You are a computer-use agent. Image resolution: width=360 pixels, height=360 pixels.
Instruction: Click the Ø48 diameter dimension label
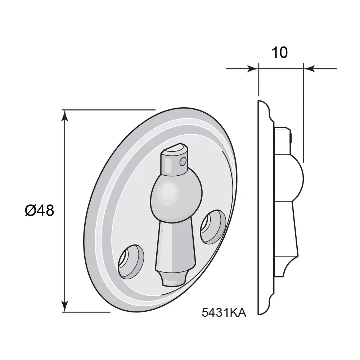click(x=40, y=210)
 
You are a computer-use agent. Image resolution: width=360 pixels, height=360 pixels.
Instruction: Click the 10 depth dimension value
click(x=279, y=53)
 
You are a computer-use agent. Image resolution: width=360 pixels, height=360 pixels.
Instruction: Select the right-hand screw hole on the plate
click(x=213, y=228)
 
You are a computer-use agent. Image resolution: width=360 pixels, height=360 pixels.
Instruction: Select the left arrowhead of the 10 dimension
click(x=254, y=68)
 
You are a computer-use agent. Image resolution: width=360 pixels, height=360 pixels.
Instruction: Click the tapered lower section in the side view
click(x=288, y=234)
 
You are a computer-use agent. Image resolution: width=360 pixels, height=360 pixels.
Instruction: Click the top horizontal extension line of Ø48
click(x=108, y=109)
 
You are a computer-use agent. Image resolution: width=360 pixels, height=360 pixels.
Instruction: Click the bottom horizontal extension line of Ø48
click(x=86, y=312)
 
